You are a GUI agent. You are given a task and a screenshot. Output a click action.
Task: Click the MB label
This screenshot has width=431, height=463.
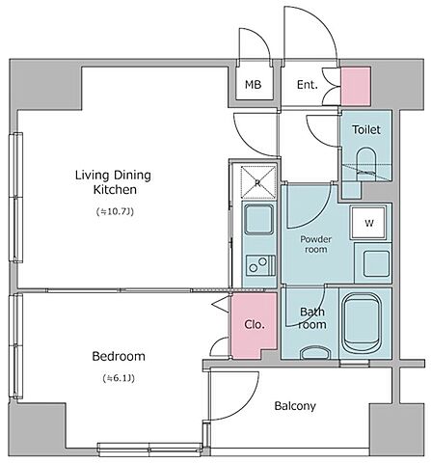pos(253,85)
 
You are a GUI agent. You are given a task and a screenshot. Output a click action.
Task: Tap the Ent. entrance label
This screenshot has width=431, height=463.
pos(307,85)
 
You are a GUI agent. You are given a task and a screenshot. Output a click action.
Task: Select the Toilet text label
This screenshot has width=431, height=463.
pos(366,129)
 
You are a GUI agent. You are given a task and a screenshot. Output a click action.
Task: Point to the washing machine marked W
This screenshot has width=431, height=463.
pos(368,223)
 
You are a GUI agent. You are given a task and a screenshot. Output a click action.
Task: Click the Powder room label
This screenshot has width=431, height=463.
pos(315,244)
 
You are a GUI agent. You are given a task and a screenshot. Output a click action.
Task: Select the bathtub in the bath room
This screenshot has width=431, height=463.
pos(362,324)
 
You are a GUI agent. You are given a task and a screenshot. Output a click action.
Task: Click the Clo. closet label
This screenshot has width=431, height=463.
pos(255,324)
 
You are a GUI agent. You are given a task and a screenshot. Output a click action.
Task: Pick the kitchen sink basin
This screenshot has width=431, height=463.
pos(258,219)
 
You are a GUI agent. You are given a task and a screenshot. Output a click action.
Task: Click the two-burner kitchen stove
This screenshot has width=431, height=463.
pos(260,265)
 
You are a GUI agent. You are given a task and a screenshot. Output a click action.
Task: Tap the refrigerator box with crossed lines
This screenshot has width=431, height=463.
pos(258,182)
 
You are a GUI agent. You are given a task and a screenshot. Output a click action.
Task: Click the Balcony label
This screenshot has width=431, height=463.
pos(295,406)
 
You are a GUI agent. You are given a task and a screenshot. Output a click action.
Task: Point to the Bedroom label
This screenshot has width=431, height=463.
pos(119,356)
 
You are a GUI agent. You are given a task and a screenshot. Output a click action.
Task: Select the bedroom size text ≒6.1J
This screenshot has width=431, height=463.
pos(119,378)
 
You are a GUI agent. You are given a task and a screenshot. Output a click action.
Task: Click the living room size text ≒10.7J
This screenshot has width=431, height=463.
pos(115,211)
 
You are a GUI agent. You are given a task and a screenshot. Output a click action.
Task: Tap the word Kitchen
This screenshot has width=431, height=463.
pos(115,190)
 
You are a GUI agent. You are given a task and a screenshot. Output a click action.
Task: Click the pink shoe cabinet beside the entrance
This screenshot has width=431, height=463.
pos(356,86)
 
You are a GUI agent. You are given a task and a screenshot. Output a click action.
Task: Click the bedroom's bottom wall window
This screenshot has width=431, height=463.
pos(149,449)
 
